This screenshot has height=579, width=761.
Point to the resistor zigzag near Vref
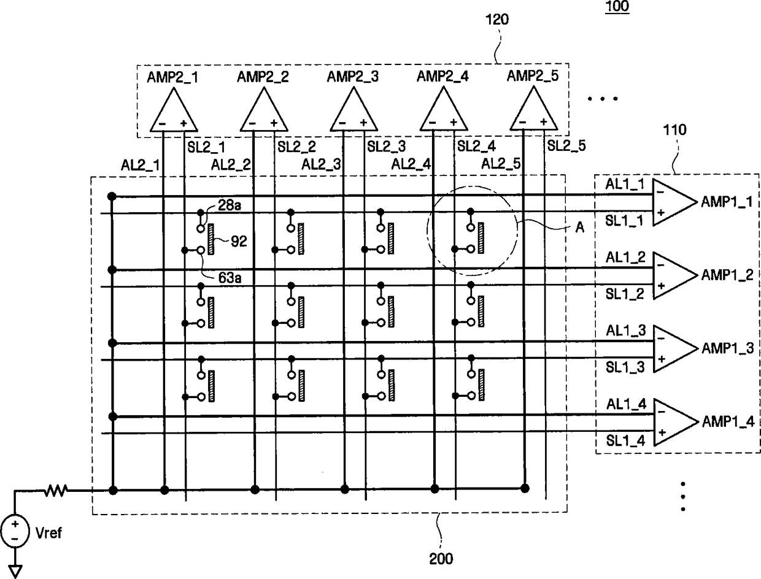point(55,490)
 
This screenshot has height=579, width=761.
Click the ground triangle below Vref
point(15,572)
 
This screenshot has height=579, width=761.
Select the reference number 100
point(617,7)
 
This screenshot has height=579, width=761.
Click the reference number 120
point(497,20)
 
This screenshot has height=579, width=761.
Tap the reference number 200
point(441,559)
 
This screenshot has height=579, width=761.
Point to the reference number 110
point(674,130)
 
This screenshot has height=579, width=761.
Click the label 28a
point(230,205)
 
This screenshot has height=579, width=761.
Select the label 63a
point(230,278)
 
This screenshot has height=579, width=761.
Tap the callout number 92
point(239,241)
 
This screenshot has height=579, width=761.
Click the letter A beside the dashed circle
point(580,228)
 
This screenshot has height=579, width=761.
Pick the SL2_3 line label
point(386,147)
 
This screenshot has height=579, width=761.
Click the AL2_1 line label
point(141,165)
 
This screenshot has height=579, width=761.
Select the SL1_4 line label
point(625,441)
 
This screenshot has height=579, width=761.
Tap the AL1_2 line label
point(625,258)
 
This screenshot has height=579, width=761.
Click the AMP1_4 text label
point(728,422)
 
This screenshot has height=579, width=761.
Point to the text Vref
point(48,532)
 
